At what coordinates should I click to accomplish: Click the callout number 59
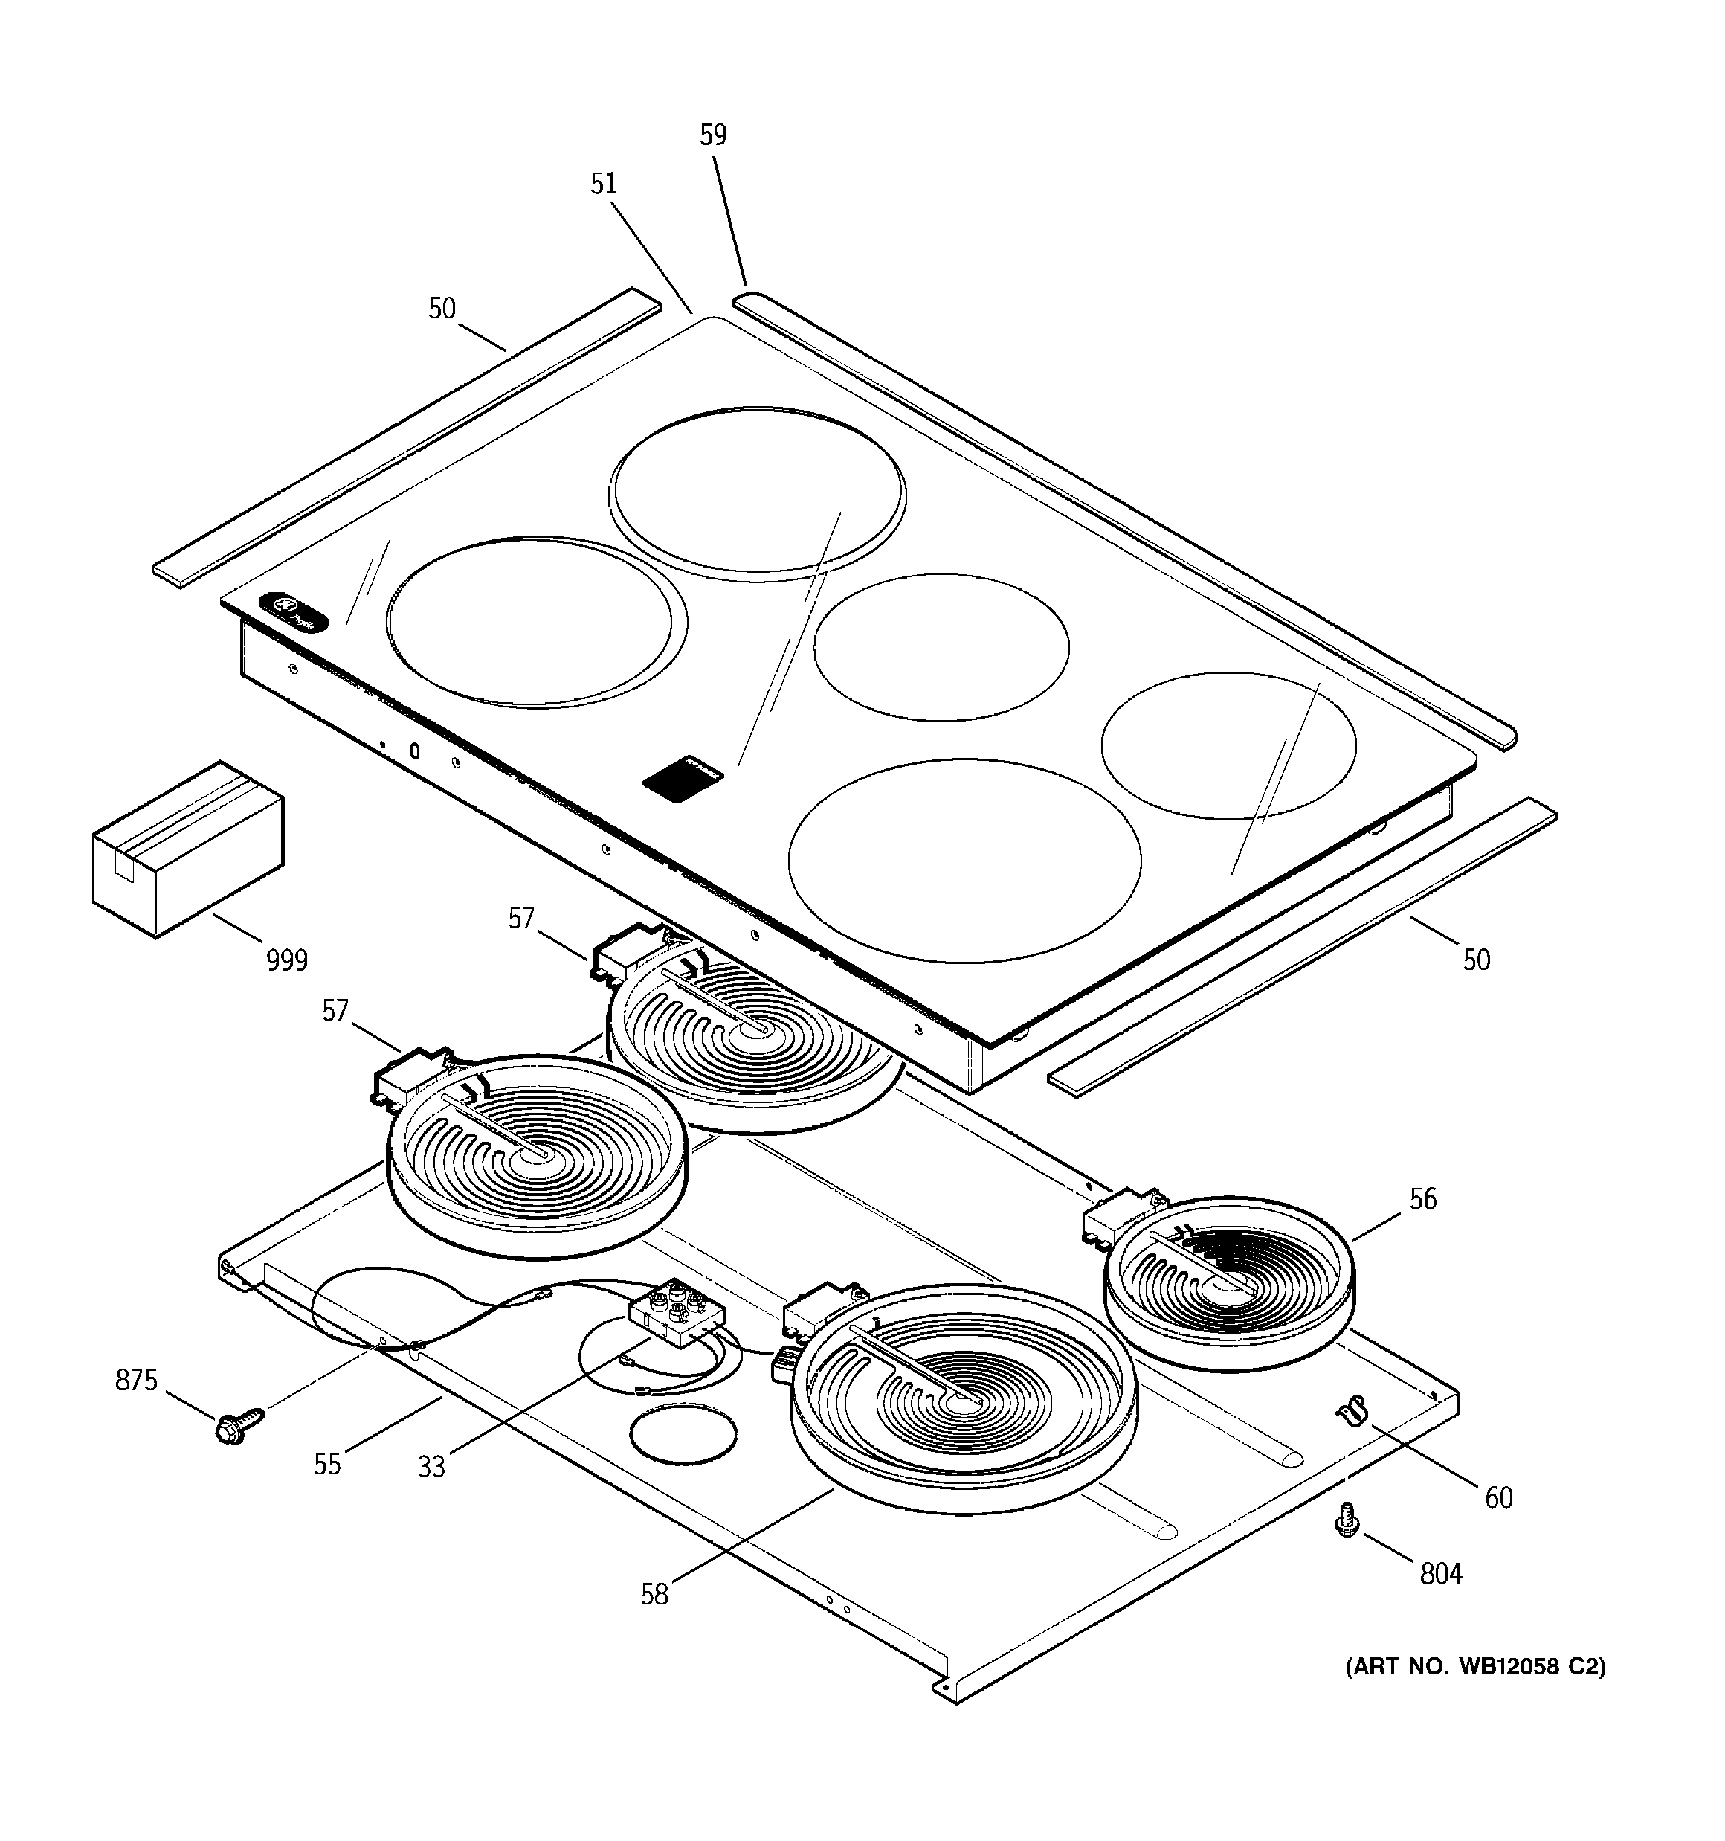pos(712,135)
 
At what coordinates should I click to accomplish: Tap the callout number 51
pos(603,184)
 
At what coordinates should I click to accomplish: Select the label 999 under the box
pos(286,960)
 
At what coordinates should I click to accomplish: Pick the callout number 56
pos(1422,1199)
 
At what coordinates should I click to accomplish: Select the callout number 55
pos(327,1464)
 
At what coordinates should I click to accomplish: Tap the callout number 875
pos(136,1381)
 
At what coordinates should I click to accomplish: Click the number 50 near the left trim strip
pos(442,309)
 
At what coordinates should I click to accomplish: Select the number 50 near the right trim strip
pos(1476,960)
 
